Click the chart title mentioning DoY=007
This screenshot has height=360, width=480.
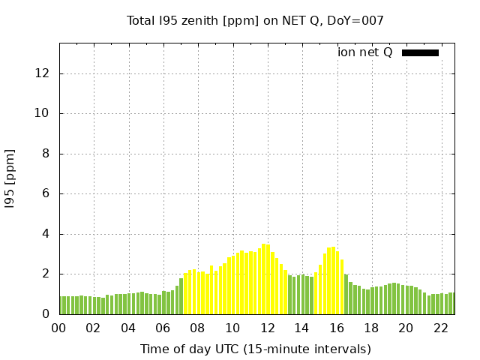[255, 21]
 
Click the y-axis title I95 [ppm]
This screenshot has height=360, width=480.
[10, 178]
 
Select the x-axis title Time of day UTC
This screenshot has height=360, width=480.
[255, 349]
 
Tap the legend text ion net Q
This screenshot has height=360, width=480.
[365, 52]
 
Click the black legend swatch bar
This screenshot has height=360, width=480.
[420, 52]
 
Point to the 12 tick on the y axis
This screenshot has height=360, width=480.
[42, 73]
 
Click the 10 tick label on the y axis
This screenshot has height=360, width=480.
[42, 113]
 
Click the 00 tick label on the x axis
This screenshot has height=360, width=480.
[59, 328]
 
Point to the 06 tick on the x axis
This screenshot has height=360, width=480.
[163, 328]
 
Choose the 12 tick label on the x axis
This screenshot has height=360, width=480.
[268, 328]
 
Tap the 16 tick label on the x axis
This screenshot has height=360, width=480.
[337, 328]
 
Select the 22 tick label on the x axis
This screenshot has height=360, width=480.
[441, 328]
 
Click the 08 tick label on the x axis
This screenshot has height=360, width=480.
[198, 328]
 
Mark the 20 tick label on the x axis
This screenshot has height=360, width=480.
[406, 328]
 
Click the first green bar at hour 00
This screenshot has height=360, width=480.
[62, 305]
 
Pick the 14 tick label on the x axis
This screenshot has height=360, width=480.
[302, 328]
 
